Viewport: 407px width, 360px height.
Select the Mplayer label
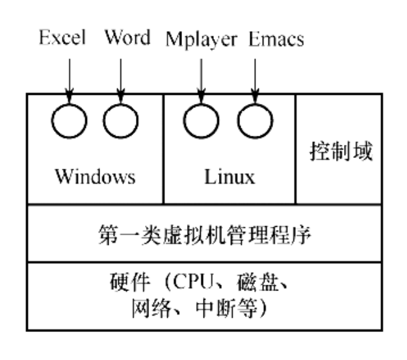(x=202, y=38)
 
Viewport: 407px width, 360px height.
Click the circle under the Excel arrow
(x=69, y=120)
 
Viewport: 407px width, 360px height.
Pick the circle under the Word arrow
(x=120, y=120)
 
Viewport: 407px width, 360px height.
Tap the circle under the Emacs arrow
(x=254, y=120)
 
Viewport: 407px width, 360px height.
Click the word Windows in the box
(x=95, y=176)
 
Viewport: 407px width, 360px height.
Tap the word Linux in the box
(x=228, y=176)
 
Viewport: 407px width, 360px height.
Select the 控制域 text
(x=340, y=153)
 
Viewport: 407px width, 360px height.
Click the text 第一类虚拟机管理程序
(x=203, y=234)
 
